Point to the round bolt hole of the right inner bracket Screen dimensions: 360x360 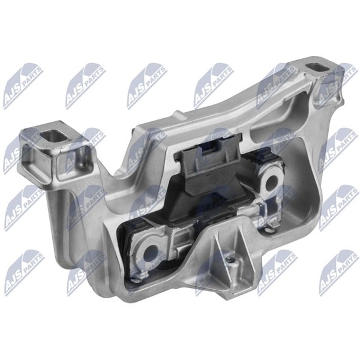272,180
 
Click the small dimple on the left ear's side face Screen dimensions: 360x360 83,164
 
